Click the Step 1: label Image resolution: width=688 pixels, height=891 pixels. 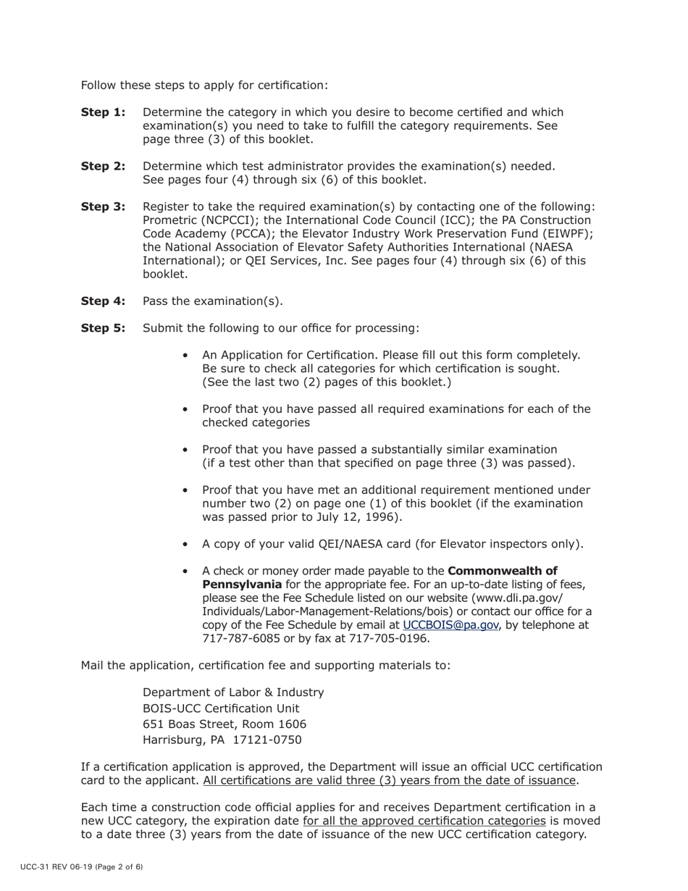(103, 112)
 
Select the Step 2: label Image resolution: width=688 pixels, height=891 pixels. (103, 166)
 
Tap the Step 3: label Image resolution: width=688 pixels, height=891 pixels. (103, 206)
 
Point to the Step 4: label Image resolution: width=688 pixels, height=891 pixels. (103, 301)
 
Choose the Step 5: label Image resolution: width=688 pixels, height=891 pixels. (103, 328)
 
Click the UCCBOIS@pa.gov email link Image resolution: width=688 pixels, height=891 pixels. (450, 624)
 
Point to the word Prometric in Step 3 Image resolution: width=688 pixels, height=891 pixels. (170, 220)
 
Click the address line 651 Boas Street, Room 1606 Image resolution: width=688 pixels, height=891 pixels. (225, 724)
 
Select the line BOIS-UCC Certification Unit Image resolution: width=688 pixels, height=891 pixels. (221, 708)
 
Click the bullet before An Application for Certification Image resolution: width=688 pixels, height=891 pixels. (186, 356)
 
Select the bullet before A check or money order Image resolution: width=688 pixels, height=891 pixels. (186, 572)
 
